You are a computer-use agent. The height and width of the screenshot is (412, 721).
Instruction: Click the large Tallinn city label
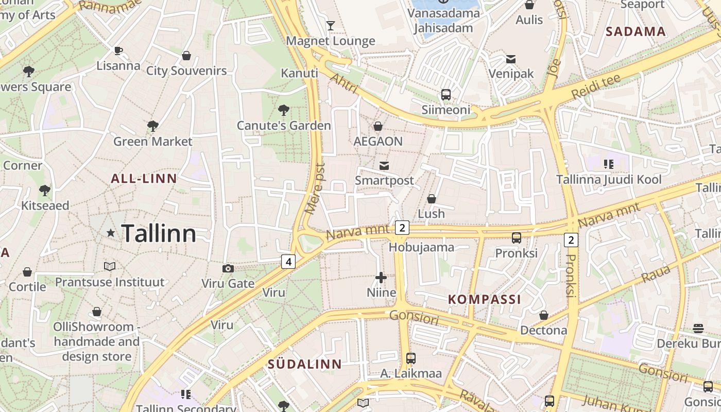159,234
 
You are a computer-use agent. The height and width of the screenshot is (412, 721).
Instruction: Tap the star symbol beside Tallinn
110,233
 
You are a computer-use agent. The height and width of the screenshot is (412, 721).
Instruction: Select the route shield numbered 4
288,262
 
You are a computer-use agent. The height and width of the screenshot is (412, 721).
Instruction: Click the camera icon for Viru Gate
228,268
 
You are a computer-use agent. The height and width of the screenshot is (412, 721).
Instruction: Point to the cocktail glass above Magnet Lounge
331,25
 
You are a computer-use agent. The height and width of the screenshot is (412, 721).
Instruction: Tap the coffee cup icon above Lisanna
118,50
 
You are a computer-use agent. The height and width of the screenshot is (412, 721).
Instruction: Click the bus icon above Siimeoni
446,95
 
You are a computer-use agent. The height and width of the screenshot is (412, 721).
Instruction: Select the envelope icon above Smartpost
384,165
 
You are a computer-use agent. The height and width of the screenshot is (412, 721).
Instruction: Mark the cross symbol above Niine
381,278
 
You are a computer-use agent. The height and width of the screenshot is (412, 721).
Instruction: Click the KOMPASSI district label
485,299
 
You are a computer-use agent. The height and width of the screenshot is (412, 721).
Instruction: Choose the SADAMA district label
636,31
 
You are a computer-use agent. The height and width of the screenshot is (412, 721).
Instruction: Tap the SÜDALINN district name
304,364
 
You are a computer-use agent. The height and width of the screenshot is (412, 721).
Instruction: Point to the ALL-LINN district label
144,179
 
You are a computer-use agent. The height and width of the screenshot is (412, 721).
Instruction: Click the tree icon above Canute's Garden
283,110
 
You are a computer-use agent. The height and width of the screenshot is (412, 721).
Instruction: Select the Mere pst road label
315,188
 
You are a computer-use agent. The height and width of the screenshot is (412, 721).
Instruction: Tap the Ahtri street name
344,83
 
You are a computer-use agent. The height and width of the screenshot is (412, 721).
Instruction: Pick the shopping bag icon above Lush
432,199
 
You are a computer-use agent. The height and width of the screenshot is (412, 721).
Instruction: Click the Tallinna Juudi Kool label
609,180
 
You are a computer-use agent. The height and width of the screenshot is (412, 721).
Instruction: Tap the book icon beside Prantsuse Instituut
110,266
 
